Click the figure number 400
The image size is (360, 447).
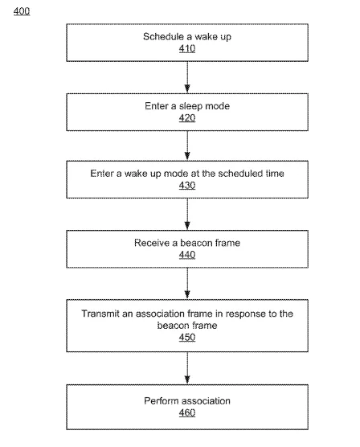coord(22,11)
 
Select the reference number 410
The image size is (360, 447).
coord(187,48)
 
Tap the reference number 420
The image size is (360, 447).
coord(187,117)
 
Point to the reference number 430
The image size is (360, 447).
coord(187,185)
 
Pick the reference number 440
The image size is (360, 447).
coord(187,255)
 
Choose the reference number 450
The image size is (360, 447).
coord(187,337)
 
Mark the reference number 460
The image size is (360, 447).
coord(187,412)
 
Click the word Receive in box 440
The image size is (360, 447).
coord(152,243)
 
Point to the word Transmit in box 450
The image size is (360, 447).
coord(100,314)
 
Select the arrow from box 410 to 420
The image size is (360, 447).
coord(187,77)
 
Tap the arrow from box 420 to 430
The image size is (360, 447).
coord(187,146)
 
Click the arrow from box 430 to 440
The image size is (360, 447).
coord(187,214)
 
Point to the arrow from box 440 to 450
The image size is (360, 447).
coord(187,283)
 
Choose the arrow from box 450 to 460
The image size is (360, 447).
coord(187,368)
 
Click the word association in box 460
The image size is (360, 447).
coord(204,401)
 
